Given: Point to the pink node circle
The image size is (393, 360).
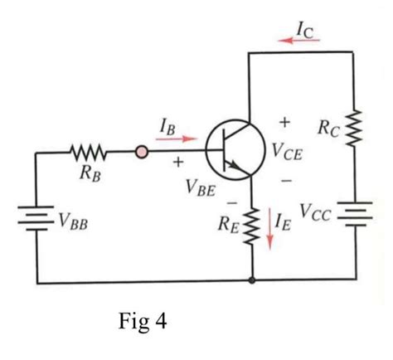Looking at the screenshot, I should (x=142, y=153).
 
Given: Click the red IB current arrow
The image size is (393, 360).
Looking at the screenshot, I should (x=176, y=140).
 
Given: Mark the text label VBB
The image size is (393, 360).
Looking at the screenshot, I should (x=75, y=220).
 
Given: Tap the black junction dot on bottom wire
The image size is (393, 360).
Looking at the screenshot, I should (x=251, y=283).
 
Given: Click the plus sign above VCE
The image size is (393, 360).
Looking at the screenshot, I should (x=284, y=123).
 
